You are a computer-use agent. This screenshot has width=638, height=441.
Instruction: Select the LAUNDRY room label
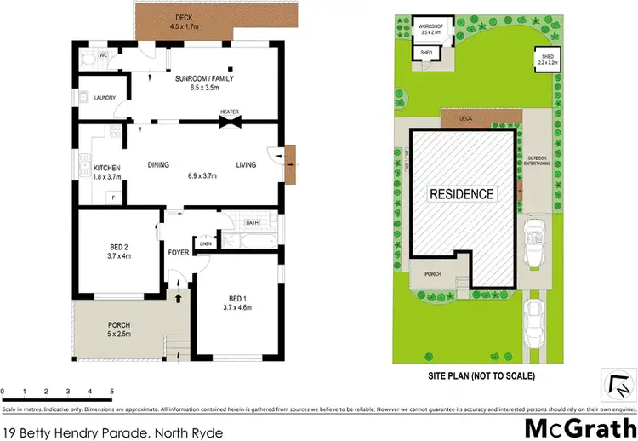point(105,98)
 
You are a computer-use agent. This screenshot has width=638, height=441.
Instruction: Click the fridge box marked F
point(111,198)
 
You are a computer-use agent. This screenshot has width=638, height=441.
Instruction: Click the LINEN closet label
point(205,244)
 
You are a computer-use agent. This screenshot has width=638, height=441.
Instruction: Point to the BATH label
point(252,223)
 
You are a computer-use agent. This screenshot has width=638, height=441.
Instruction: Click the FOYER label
point(179,253)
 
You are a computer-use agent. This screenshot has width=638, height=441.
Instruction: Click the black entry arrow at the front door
point(178,297)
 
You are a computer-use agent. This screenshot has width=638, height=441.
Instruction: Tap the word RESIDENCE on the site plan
point(461,194)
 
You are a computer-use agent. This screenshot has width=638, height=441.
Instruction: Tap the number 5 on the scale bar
point(111,392)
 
